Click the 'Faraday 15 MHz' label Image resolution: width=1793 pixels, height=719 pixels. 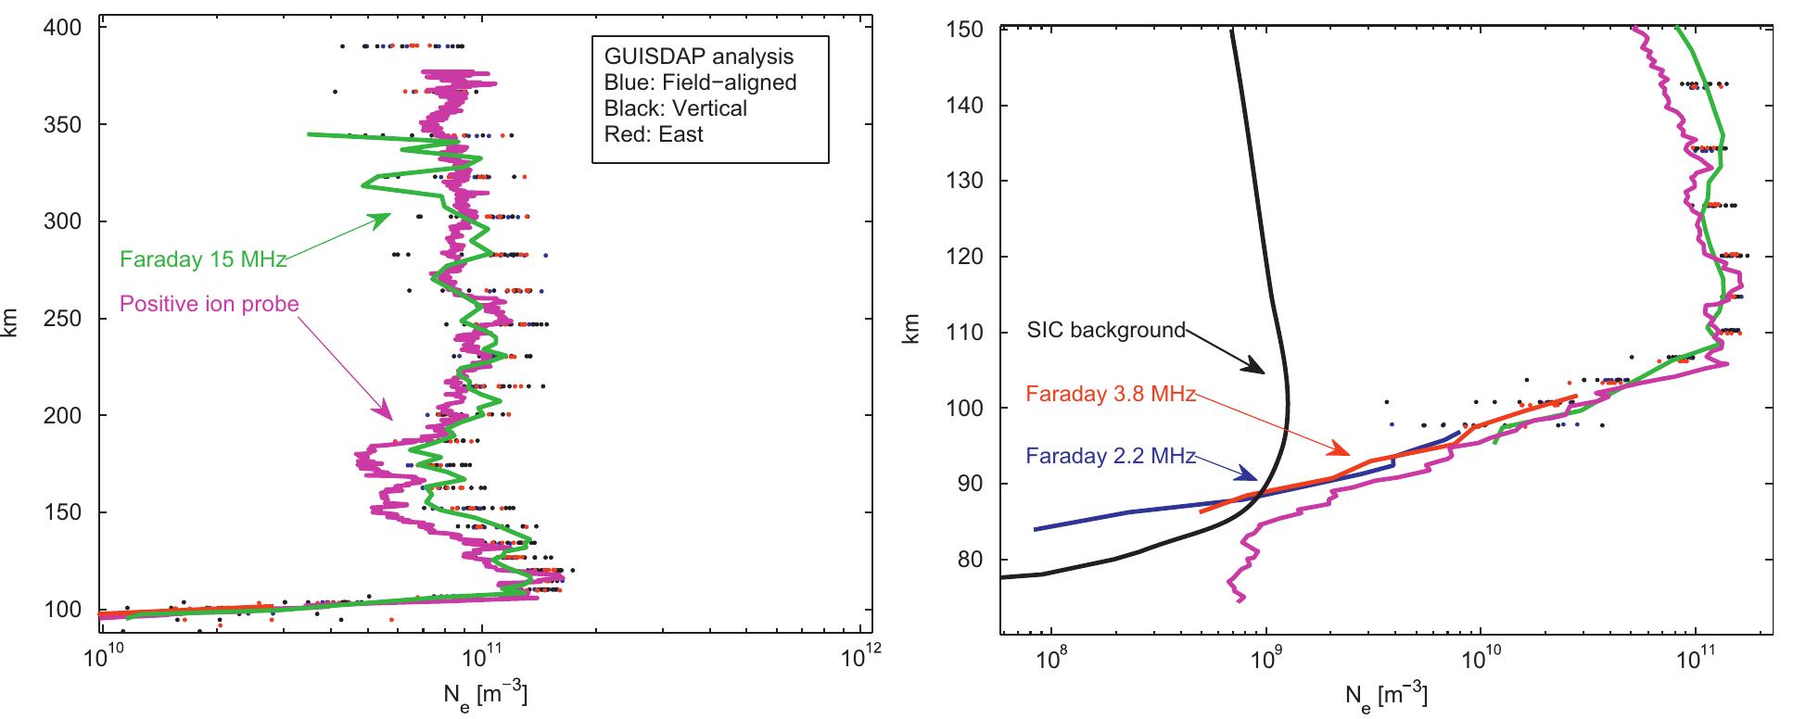(x=202, y=260)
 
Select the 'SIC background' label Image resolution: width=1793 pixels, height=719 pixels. (x=1106, y=329)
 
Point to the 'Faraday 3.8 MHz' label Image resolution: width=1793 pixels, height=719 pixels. (x=1111, y=394)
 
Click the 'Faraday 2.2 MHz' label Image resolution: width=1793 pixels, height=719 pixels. (x=1111, y=455)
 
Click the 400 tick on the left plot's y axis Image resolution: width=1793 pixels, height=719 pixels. (x=64, y=28)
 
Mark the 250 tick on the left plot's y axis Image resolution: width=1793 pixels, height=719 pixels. (x=64, y=318)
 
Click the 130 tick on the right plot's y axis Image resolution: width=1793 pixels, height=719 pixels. (x=968, y=181)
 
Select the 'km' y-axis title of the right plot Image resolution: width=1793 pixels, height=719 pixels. (x=914, y=331)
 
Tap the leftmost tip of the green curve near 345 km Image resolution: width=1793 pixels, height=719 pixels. (x=310, y=134)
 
